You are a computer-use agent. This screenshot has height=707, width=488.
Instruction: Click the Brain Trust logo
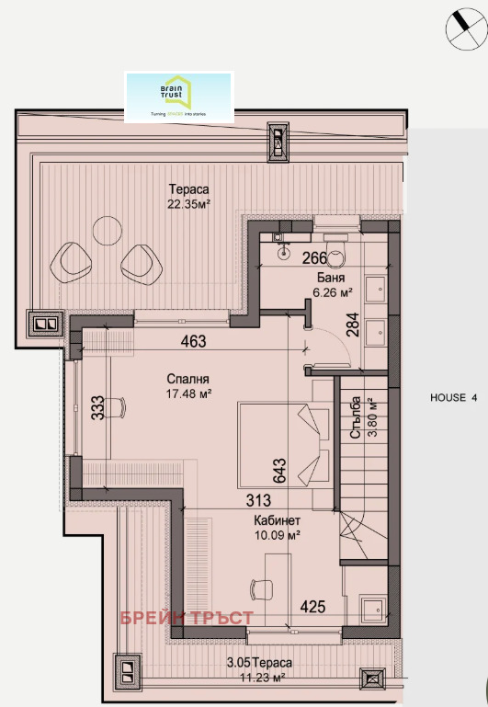(x=179, y=97)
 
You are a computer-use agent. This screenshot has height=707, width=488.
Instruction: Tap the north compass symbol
(x=465, y=29)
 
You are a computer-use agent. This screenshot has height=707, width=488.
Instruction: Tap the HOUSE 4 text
(x=454, y=398)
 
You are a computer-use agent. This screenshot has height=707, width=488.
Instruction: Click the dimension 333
(x=96, y=407)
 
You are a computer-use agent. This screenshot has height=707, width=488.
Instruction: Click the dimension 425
(x=314, y=608)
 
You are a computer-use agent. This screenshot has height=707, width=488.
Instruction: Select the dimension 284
(x=350, y=325)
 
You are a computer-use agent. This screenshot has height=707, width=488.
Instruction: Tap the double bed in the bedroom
(x=282, y=445)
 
